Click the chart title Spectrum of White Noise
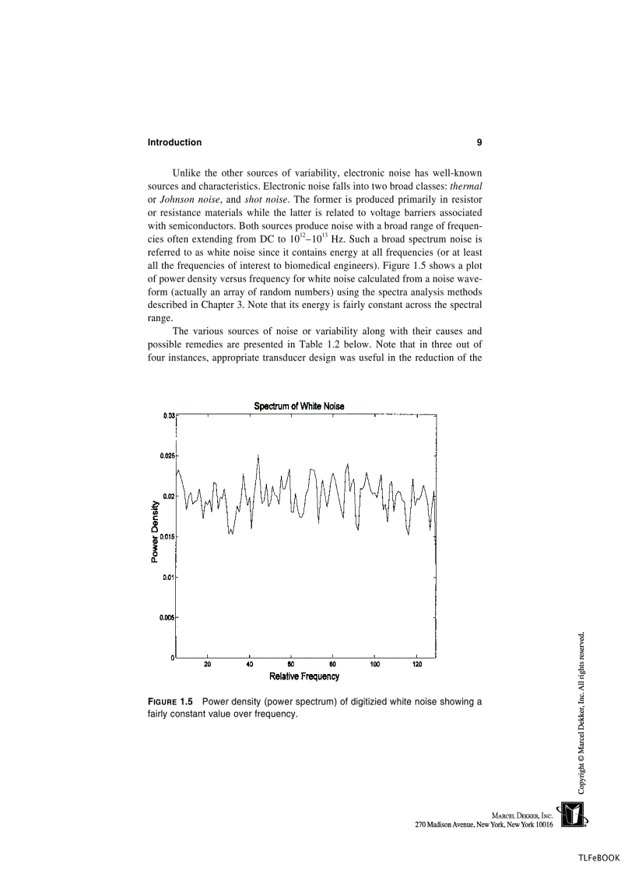(x=299, y=406)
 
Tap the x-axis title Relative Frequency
(x=304, y=676)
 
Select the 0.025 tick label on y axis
(x=166, y=455)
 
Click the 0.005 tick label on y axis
(x=166, y=617)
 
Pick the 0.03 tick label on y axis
(x=167, y=415)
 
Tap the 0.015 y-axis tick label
(x=166, y=536)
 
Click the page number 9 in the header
(x=479, y=142)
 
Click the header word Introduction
(x=174, y=142)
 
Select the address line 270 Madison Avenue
(x=484, y=824)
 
